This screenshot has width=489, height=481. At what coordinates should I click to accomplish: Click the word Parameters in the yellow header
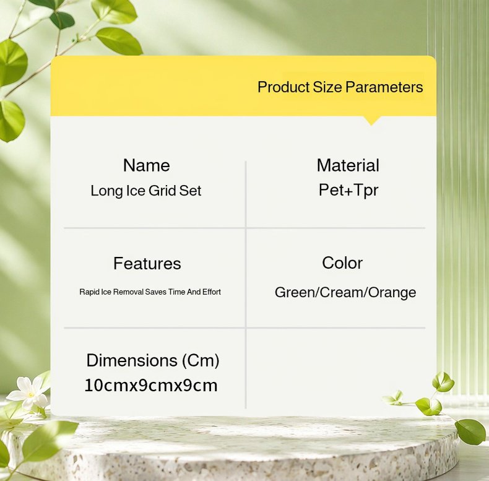coord(384,87)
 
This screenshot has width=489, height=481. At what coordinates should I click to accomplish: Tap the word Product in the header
coord(283,87)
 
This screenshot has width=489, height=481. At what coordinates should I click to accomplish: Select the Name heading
coord(147,165)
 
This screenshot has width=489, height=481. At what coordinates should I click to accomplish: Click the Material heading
coord(348,165)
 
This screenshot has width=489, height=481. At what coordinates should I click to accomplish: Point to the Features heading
coord(147,263)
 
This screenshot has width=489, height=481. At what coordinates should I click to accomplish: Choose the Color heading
coord(342,263)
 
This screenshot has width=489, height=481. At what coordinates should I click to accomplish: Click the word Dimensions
coord(132,360)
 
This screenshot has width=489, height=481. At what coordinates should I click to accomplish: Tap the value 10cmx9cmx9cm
coord(151,385)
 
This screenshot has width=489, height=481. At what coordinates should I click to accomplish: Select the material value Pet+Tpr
coord(348,190)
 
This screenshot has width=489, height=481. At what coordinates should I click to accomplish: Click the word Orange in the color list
coord(392,293)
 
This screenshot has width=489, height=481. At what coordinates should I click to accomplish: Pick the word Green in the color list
coord(295,293)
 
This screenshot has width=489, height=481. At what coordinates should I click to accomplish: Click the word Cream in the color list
coord(342,293)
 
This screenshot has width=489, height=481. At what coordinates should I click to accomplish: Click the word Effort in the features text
coord(212,292)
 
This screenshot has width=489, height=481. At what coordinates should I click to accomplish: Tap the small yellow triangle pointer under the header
coord(371,121)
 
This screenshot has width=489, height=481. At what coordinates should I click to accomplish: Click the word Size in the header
coord(327,87)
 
